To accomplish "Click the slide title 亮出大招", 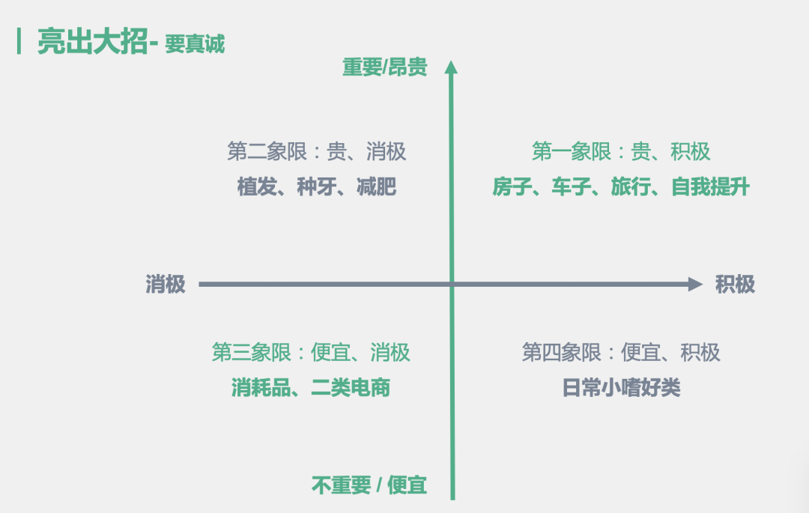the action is [x=92, y=41].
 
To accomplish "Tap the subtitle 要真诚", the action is [x=195, y=44].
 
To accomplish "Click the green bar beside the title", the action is [x=19, y=41].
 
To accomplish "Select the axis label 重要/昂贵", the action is [x=385, y=67].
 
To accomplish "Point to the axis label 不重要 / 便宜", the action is [x=369, y=485].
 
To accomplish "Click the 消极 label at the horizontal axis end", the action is [x=165, y=284].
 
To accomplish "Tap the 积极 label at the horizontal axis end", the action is [x=735, y=284].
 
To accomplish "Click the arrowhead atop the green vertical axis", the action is [x=451, y=67].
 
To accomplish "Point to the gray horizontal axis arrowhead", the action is [x=695, y=284].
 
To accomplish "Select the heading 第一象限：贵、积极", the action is [x=621, y=151].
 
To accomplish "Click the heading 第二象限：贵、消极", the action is [x=317, y=151].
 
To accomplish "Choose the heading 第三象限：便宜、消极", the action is [x=311, y=353].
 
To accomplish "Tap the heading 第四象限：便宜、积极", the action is [x=621, y=353].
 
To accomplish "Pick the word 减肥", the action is [x=376, y=186].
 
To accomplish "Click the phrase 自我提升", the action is [x=710, y=186].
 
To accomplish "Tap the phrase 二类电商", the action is [x=351, y=388].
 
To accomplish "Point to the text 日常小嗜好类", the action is [x=621, y=388].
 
